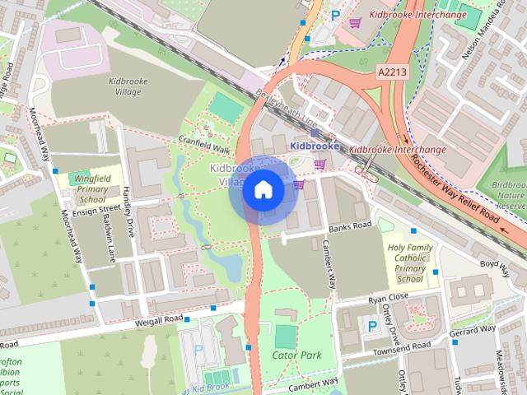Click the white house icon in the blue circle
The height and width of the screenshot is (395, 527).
coord(263,190)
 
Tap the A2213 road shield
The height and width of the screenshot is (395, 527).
coord(394,72)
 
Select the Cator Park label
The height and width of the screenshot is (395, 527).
coord(296,355)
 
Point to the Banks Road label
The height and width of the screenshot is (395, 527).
coord(345,227)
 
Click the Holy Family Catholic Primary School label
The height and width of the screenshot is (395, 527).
coord(409,257)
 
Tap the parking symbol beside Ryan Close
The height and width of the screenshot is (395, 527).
coord(372,326)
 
